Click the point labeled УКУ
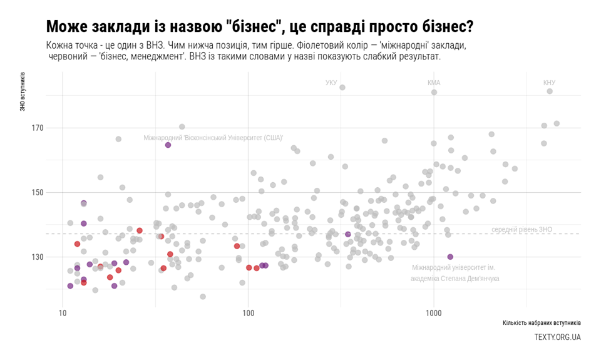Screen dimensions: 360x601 pyautogui.click(x=342, y=88)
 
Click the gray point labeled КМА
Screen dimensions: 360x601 pyautogui.click(x=434, y=92)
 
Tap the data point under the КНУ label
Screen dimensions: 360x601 pyautogui.click(x=550, y=91)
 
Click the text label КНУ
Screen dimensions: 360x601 pyautogui.click(x=549, y=83)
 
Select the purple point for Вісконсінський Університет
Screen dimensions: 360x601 pyautogui.click(x=168, y=145)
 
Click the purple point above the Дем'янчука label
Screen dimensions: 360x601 pyautogui.click(x=450, y=257)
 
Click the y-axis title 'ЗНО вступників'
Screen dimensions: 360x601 pyautogui.click(x=23, y=91)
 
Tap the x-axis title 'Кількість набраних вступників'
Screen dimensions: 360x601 pyautogui.click(x=542, y=323)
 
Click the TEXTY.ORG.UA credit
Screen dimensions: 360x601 pyautogui.click(x=557, y=337)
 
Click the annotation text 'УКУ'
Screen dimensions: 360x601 pyautogui.click(x=331, y=83)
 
